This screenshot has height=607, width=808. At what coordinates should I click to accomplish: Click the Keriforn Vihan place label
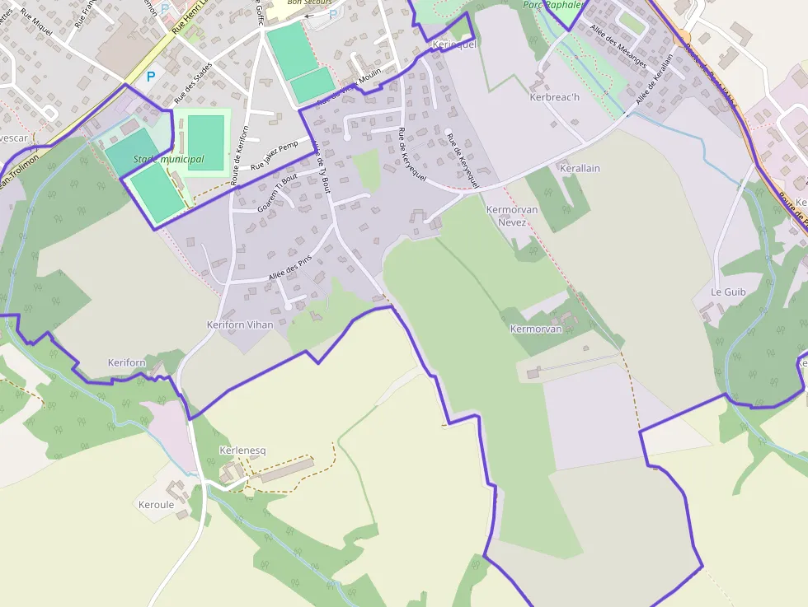tap(240, 325)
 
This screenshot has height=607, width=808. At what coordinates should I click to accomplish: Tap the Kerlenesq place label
tap(243, 451)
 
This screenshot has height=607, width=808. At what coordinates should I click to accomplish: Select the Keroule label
tap(156, 505)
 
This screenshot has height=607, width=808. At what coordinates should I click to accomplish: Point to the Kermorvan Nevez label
tap(512, 216)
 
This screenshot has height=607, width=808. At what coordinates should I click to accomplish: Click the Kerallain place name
tap(580, 168)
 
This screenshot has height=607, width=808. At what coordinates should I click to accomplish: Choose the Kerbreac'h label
tap(554, 97)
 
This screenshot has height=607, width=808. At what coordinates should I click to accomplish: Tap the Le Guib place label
tap(728, 292)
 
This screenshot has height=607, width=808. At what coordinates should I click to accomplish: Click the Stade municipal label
tap(168, 159)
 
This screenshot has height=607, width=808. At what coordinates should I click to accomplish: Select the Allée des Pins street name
tap(290, 269)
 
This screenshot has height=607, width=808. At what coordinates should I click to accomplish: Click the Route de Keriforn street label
tap(240, 155)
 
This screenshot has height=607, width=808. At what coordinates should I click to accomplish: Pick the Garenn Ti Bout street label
tap(277, 193)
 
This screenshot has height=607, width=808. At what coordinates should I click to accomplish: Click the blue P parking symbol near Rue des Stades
tap(150, 77)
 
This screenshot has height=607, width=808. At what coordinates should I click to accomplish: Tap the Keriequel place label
tap(454, 44)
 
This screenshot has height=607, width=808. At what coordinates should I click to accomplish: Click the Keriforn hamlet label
tap(126, 362)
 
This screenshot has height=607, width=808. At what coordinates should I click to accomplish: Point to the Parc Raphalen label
tap(552, 5)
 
